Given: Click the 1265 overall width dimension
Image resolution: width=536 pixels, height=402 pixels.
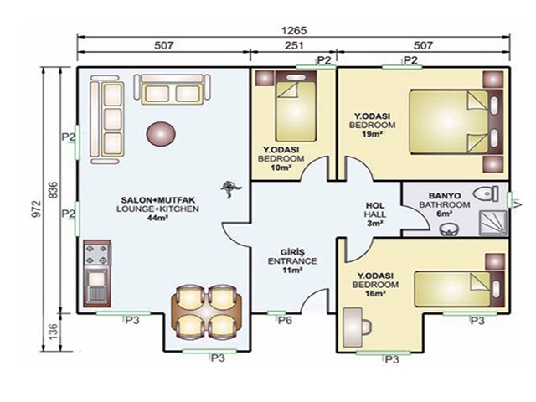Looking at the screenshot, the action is (294, 30).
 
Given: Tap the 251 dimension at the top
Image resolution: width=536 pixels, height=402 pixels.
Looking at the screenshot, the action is (294, 45).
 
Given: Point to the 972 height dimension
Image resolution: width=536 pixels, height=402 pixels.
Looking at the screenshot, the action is (37, 209).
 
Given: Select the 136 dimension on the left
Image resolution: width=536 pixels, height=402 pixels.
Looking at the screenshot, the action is (54, 332).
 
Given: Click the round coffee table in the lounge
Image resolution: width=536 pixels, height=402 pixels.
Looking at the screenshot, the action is (162, 134).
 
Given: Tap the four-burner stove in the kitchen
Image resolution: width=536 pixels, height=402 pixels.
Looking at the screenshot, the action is (97, 254).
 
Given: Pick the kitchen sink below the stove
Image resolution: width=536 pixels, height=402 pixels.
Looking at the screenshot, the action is (97, 286).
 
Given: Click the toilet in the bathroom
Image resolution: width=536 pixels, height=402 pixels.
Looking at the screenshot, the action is (486, 193).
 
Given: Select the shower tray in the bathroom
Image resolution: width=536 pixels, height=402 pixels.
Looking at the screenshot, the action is (493, 223).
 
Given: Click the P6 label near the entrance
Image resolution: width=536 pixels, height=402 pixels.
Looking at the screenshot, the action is (285, 321).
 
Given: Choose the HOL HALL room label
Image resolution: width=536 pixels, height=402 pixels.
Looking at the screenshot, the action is (375, 210).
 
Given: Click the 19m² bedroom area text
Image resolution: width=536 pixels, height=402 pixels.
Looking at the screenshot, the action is (372, 134).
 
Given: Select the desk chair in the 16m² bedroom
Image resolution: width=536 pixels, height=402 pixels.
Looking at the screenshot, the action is (366, 327).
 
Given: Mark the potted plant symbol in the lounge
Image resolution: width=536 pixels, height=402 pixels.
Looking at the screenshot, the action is (231, 188).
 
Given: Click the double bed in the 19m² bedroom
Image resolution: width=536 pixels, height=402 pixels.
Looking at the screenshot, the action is (448, 121).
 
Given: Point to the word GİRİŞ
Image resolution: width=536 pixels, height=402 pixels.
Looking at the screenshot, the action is (292, 252).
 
